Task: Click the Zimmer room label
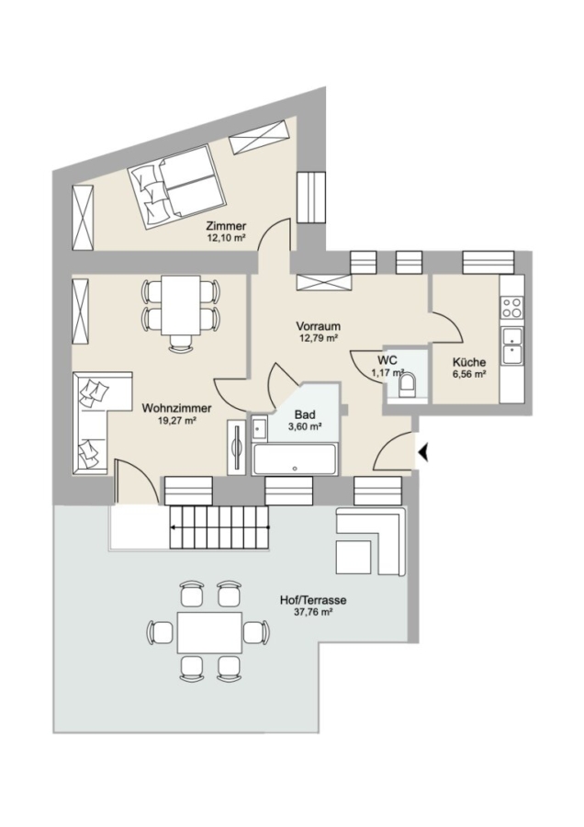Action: click(226, 226)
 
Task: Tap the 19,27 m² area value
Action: click(176, 420)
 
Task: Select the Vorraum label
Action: click(318, 326)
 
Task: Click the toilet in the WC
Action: click(407, 384)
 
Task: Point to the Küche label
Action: click(469, 362)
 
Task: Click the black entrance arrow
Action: click(422, 452)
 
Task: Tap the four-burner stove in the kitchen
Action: click(511, 307)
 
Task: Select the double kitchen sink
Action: click(511, 346)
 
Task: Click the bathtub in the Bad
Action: click(294, 459)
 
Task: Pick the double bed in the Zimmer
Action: click(176, 187)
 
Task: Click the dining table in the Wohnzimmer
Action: click(180, 305)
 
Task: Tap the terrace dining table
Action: click(209, 632)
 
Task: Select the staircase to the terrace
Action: click(219, 527)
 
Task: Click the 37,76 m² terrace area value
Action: click(312, 612)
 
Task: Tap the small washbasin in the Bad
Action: click(259, 427)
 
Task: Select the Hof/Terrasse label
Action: click(312, 600)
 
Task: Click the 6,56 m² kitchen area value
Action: click(469, 375)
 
